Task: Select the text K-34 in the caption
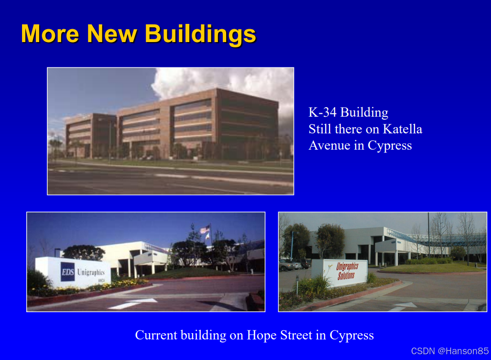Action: click(x=323, y=112)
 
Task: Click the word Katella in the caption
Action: click(x=403, y=129)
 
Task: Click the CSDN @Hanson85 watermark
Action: click(x=450, y=351)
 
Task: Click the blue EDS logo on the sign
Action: click(x=67, y=272)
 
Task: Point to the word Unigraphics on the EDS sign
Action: click(x=91, y=273)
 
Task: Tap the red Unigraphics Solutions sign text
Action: click(x=347, y=271)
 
